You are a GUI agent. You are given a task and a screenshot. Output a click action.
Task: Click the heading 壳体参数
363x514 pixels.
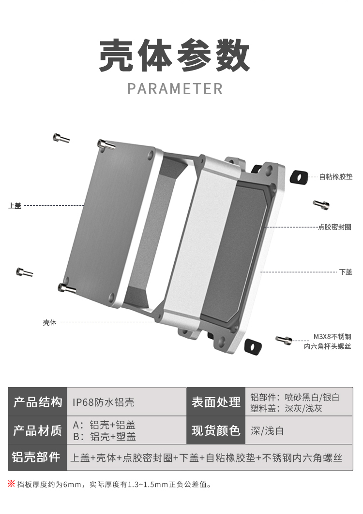click(x=175, y=57)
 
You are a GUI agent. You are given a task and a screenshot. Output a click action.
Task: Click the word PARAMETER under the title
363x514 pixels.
click(x=175, y=89)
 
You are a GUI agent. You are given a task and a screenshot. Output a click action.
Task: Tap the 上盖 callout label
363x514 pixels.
click(x=15, y=206)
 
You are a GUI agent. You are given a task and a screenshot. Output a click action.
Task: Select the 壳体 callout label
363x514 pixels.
click(x=49, y=322)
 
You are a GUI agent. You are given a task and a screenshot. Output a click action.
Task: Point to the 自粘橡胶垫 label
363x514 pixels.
click(x=335, y=177)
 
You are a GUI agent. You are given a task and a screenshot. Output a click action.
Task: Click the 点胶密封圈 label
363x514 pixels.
click(x=334, y=227)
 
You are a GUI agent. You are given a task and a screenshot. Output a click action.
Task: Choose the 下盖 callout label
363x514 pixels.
click(x=346, y=272)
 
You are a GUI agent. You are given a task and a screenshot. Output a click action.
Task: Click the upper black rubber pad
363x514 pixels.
click(x=299, y=177)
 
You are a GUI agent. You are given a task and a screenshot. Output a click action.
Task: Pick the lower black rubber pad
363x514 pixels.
click(x=253, y=346)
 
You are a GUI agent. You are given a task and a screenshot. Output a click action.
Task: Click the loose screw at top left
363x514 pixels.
click(x=61, y=138)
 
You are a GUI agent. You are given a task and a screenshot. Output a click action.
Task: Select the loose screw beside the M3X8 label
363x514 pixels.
click(x=284, y=340)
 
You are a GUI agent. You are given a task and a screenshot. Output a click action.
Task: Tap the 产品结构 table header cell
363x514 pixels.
click(x=38, y=402)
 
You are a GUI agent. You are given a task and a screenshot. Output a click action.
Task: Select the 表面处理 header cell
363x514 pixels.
click(x=216, y=402)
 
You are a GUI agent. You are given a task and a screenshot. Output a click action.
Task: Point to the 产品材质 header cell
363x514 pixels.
click(x=38, y=430)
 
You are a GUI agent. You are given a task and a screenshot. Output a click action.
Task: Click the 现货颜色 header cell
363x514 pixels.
click(x=216, y=430)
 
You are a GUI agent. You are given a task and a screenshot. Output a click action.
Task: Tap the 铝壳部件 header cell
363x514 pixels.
click(x=38, y=457)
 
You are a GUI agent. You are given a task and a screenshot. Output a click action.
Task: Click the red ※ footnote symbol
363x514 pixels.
click(x=11, y=484)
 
